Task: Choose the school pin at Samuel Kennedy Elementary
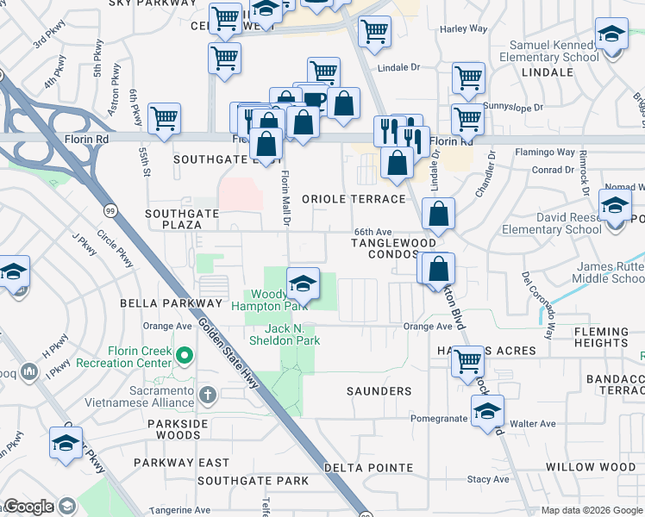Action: tap(612, 36)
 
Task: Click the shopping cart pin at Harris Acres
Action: tap(468, 360)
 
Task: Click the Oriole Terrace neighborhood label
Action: tap(354, 199)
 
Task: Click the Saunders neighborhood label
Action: tap(379, 391)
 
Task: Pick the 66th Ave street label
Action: tap(373, 232)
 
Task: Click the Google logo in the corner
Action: tap(28, 507)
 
